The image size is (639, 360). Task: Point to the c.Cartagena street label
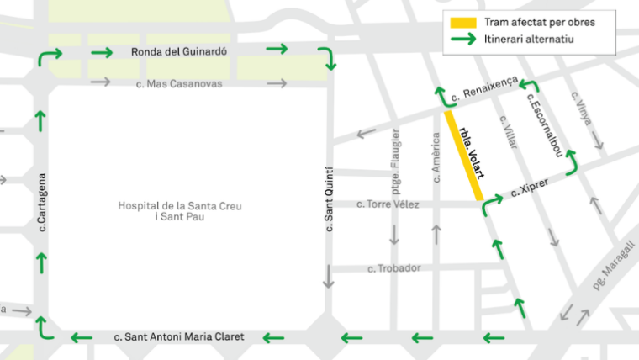pyautogui.click(x=41, y=202)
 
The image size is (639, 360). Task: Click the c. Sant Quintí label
pyautogui.click(x=330, y=199)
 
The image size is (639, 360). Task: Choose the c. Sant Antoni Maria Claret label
pyautogui.click(x=179, y=337)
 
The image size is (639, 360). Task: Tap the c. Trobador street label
pyautogui.click(x=394, y=268)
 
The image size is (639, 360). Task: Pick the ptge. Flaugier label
pyautogui.click(x=395, y=156)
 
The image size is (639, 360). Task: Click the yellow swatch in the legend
pyautogui.click(x=463, y=22)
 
